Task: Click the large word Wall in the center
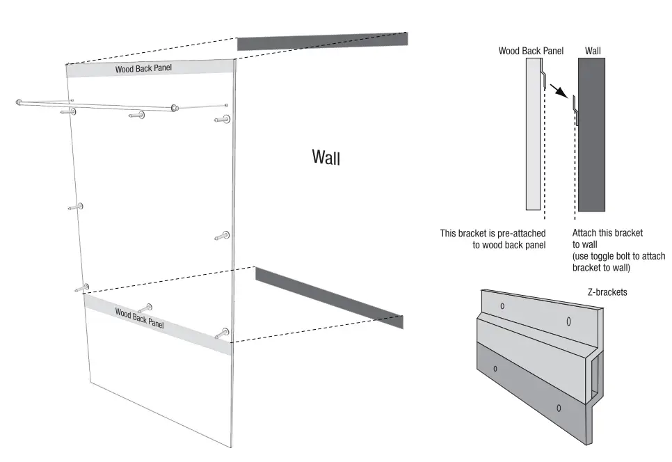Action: [x=326, y=157]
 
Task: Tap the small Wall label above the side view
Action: [x=593, y=51]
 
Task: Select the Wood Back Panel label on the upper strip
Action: [x=143, y=68]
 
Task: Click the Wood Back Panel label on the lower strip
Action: [x=140, y=318]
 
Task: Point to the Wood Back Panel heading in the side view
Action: [x=531, y=51]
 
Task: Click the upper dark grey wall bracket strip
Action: [x=322, y=41]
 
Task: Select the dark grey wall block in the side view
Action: [x=591, y=134]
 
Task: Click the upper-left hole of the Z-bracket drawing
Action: [x=502, y=305]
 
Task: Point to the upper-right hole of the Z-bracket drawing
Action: [x=568, y=321]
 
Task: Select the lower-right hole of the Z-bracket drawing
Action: [x=559, y=407]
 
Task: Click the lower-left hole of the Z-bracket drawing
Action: [x=495, y=368]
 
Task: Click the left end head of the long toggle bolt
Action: [x=19, y=103]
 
